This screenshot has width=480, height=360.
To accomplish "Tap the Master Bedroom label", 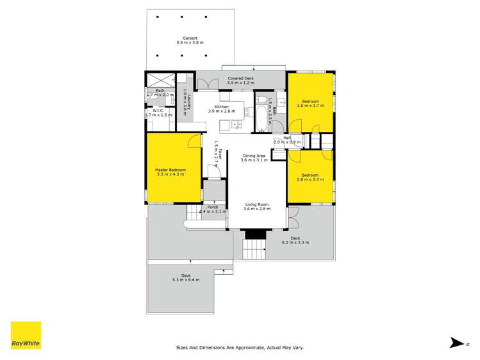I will pos(170,170).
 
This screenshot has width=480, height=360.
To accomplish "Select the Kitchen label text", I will pos(222,107).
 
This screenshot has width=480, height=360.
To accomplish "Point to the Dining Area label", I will pos(254,156).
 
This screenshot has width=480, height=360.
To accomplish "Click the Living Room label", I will pos(256,204).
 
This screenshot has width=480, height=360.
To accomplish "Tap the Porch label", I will pos(213,207).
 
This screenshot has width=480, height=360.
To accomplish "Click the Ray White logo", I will pos(26,335).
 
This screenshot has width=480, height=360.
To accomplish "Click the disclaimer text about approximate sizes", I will pos(240,348).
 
